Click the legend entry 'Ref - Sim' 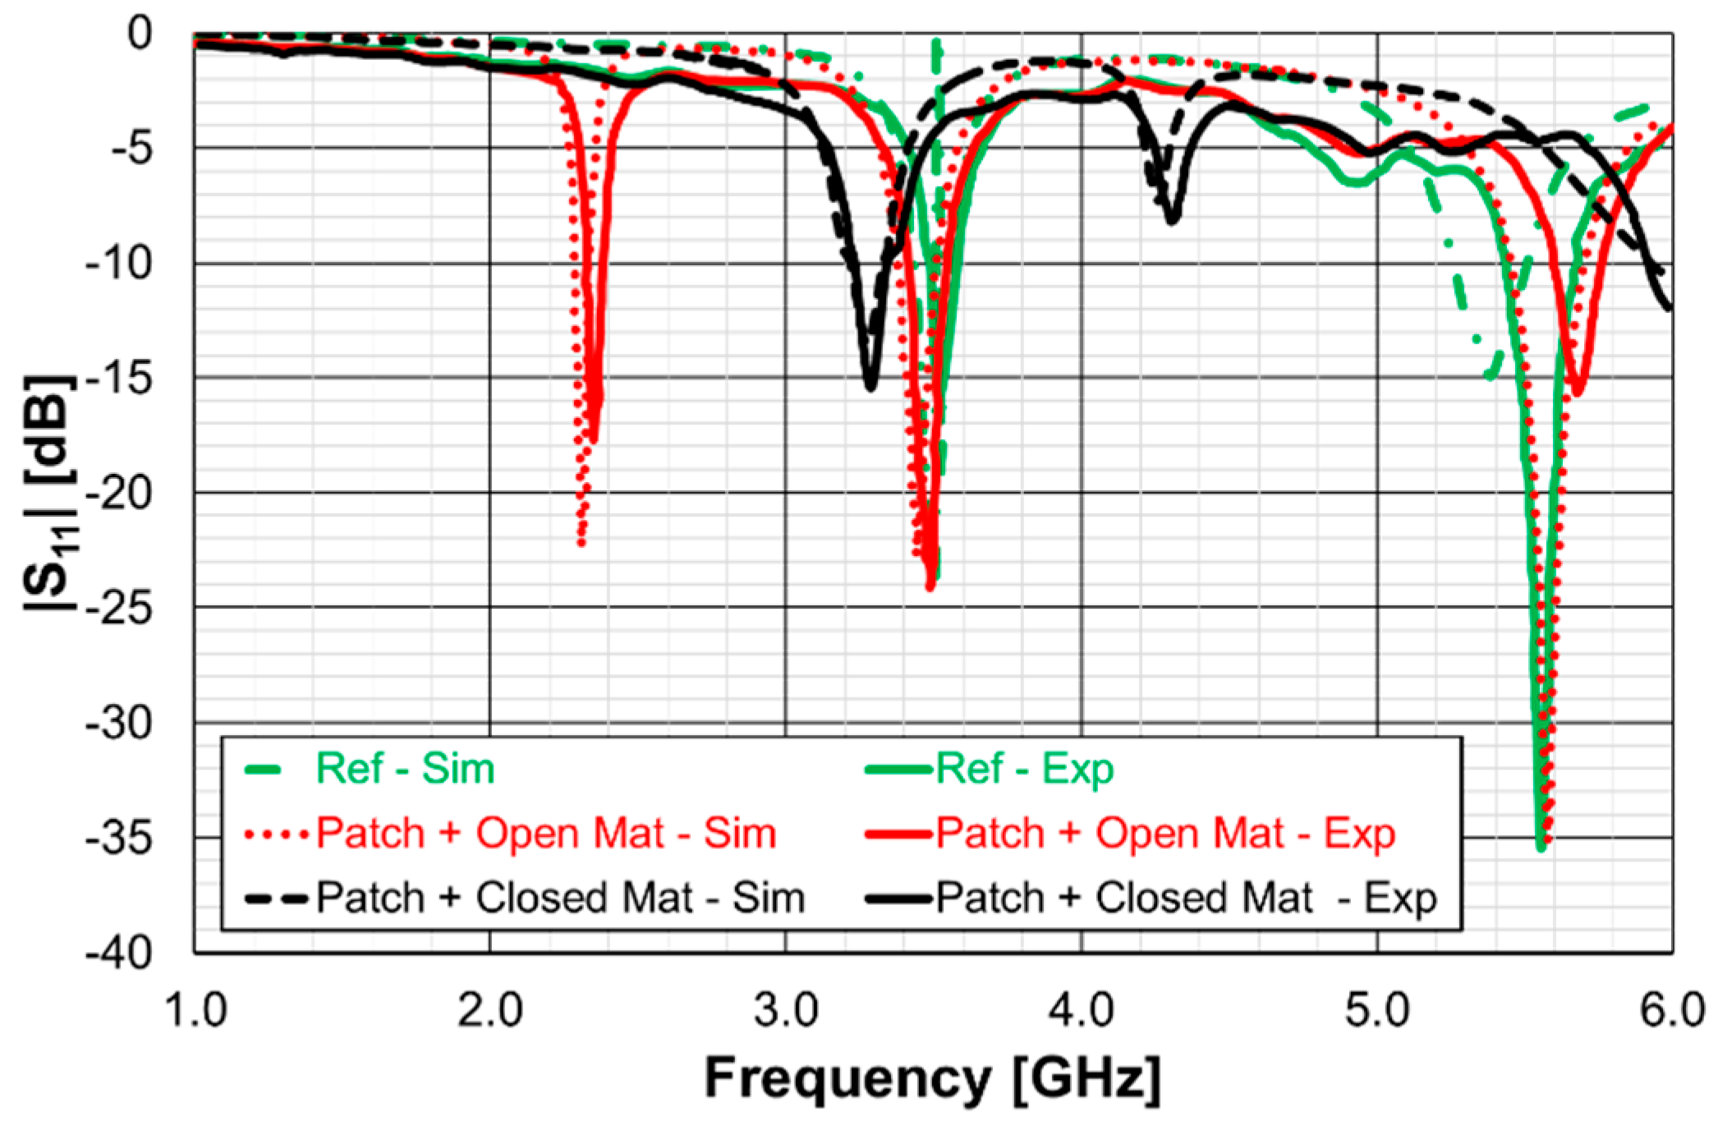[405, 769]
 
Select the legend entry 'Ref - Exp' [1024, 769]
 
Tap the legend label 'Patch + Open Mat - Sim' [546, 833]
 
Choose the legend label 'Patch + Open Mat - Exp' [1165, 833]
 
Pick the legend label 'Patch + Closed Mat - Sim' [560, 897]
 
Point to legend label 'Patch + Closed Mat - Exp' [1186, 897]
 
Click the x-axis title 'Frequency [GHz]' [933, 1078]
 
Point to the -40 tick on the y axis [120, 953]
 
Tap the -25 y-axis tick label [120, 609]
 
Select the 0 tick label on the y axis [140, 34]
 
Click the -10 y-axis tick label [120, 264]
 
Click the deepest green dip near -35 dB [1541, 846]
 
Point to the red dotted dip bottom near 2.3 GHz [581, 542]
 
